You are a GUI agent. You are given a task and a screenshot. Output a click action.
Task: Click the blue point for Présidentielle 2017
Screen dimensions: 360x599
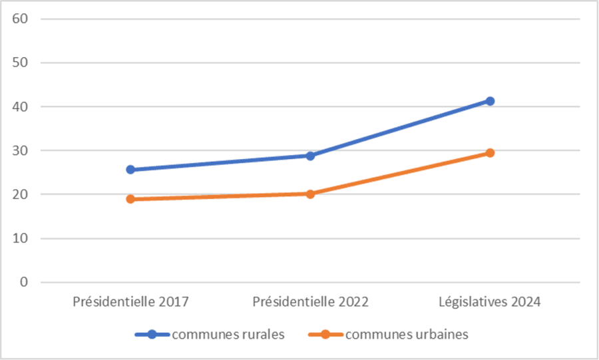(x=130, y=170)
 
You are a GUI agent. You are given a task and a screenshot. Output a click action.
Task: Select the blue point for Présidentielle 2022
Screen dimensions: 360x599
(x=310, y=156)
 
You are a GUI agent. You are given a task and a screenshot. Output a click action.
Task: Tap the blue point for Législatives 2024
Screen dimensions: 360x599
(x=490, y=101)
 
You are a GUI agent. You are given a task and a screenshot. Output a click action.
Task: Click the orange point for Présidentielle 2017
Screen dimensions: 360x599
(x=130, y=199)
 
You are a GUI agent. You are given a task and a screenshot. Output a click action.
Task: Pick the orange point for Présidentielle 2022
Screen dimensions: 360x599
(x=310, y=194)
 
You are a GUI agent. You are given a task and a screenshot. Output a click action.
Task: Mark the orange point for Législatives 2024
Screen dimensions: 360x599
(x=490, y=153)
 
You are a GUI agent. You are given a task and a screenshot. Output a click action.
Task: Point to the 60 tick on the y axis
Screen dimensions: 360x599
(x=19, y=19)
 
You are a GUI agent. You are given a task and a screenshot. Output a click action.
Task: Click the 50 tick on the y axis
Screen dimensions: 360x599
(x=19, y=63)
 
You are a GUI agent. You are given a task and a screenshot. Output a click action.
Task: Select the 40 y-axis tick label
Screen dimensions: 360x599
(x=19, y=106)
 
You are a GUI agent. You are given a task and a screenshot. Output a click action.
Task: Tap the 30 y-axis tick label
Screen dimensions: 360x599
(x=19, y=150)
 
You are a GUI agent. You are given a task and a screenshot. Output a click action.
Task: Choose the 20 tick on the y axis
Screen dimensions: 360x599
(x=19, y=194)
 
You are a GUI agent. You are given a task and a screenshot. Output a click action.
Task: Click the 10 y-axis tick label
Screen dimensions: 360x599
(x=19, y=238)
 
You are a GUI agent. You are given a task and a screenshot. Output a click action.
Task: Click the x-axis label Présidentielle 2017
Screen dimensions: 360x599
(x=130, y=301)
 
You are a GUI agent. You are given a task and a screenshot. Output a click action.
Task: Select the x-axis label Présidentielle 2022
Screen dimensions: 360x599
(x=310, y=301)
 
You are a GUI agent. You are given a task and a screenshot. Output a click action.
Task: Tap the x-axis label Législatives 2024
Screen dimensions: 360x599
(x=490, y=301)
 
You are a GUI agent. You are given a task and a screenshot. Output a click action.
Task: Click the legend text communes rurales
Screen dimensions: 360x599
(x=228, y=335)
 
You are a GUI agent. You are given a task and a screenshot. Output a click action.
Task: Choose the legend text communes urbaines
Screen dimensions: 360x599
(x=407, y=335)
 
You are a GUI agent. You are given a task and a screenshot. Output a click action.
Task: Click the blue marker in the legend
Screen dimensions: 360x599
(x=152, y=335)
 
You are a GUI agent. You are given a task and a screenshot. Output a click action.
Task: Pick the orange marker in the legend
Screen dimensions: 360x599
(x=325, y=335)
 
